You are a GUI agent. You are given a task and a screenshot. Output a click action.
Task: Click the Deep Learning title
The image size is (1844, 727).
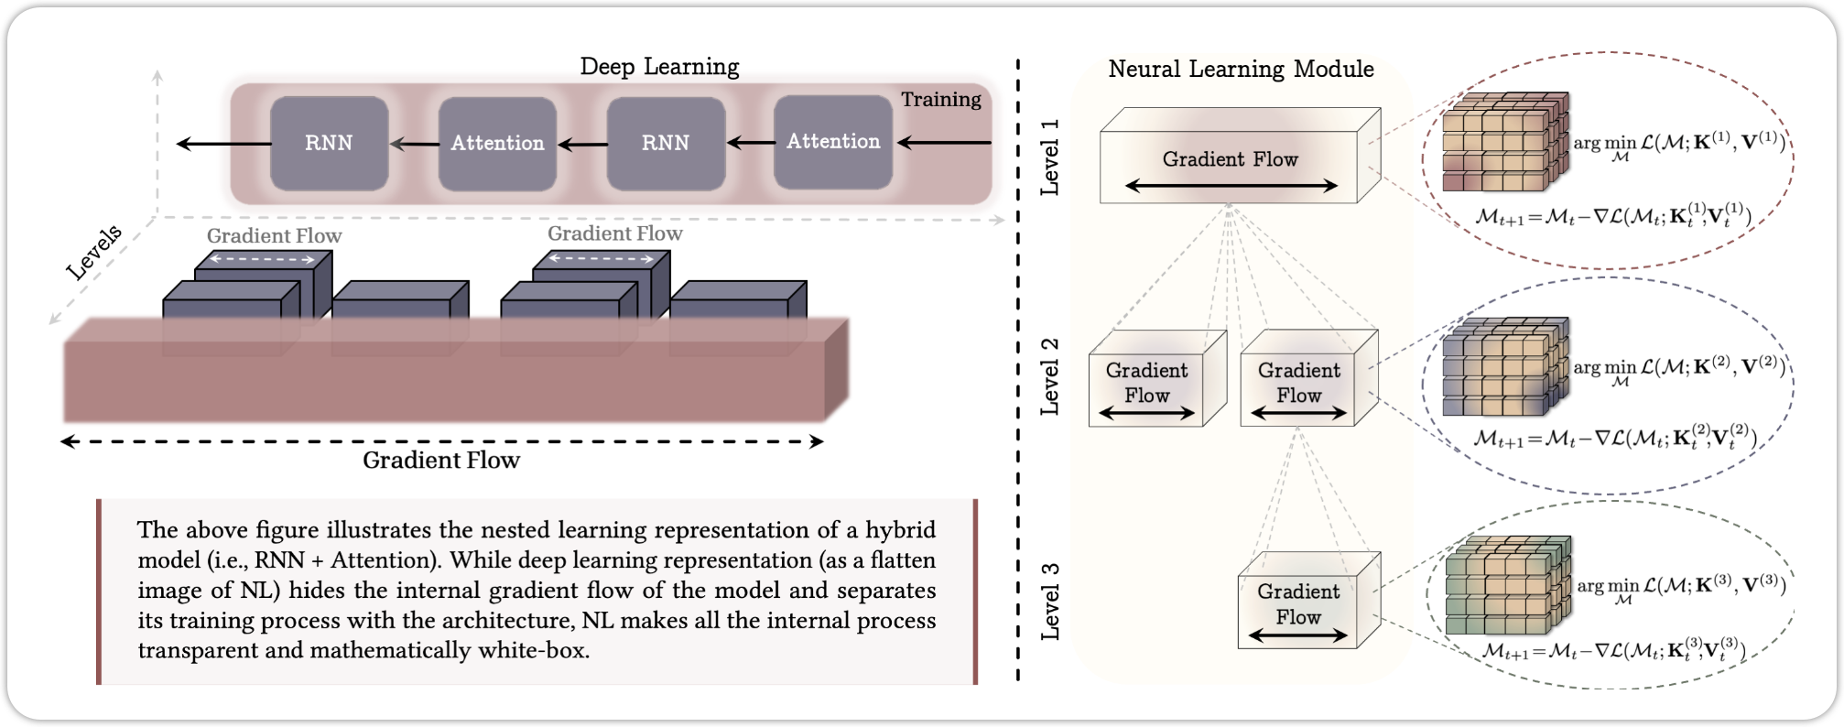point(659,67)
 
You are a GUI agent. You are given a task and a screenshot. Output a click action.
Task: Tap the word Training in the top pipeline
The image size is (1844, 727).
point(940,100)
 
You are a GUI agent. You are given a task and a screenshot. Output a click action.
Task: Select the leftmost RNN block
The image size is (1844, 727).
point(329,143)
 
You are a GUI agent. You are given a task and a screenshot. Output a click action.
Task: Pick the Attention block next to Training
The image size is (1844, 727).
point(832,141)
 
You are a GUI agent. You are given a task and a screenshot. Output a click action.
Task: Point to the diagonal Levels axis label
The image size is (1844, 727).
point(94,252)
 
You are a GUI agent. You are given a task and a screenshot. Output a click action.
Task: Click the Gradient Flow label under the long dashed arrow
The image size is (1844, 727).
point(441,460)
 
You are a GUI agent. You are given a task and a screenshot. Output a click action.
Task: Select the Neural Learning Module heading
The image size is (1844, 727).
point(1241,70)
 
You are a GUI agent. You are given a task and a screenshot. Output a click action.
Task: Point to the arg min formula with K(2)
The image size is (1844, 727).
point(1679,368)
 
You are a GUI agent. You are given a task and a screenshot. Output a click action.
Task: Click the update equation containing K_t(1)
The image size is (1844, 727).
point(1613,217)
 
